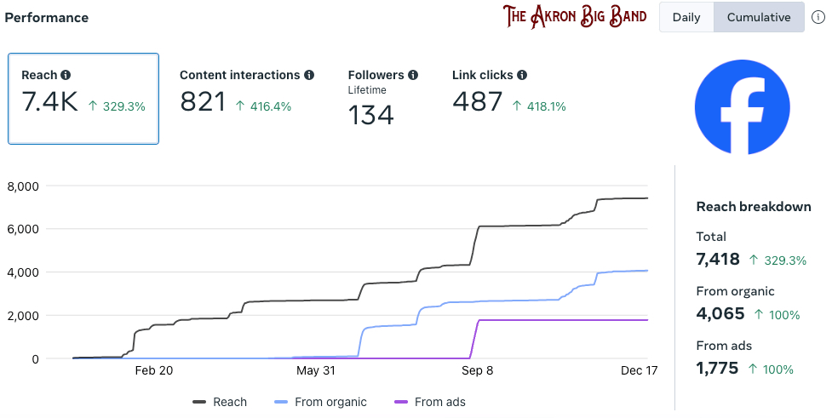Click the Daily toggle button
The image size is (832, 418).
(x=686, y=17)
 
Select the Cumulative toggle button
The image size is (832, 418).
(x=759, y=17)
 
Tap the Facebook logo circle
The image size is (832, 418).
(x=742, y=107)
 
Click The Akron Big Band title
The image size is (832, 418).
(x=574, y=16)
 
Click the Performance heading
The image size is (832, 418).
(x=47, y=18)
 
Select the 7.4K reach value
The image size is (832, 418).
(x=50, y=103)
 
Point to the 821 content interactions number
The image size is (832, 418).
(x=203, y=103)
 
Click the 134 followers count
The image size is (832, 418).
(x=370, y=114)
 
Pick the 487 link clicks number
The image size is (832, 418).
(x=477, y=103)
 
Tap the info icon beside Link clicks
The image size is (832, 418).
(x=522, y=75)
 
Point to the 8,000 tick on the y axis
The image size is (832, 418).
(x=23, y=186)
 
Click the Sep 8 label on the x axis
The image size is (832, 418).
(x=477, y=371)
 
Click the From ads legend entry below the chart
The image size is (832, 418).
(x=430, y=402)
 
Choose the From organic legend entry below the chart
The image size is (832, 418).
(x=320, y=402)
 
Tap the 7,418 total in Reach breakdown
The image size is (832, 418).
(x=718, y=260)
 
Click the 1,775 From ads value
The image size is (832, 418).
(x=717, y=369)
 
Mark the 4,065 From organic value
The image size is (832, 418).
(x=719, y=314)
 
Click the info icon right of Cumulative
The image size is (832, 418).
(x=818, y=17)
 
